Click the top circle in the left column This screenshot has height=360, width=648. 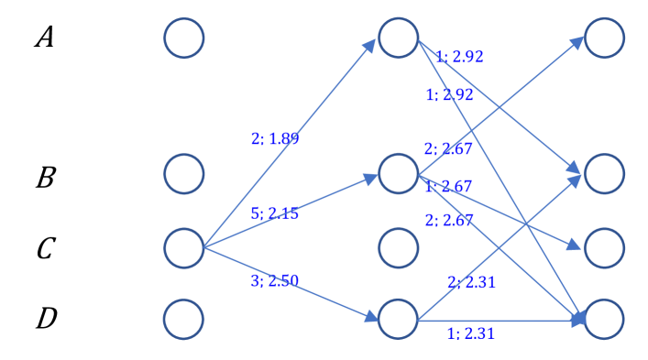(x=184, y=38)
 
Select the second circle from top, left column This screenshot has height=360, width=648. (x=184, y=173)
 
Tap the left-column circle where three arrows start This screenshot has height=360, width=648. (x=184, y=247)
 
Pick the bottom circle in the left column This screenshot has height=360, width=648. (x=184, y=318)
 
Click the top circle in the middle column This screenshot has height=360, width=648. (x=398, y=38)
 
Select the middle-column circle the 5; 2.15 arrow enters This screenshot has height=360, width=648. (x=398, y=173)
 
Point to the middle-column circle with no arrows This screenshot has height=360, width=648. (x=398, y=247)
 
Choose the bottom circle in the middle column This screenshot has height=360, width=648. (x=398, y=318)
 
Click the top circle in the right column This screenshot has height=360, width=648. (x=604, y=38)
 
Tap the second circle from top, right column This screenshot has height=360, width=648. (x=604, y=173)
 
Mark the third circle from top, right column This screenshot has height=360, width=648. (x=604, y=247)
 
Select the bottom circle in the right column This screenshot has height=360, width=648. (x=604, y=318)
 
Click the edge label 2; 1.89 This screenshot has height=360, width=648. (x=275, y=139)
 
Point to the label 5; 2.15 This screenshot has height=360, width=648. (x=274, y=213)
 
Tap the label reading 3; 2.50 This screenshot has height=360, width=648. (x=274, y=280)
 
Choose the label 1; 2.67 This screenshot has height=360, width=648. (x=448, y=187)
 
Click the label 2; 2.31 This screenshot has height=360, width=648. (x=471, y=282)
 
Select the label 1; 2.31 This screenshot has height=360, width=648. (x=470, y=333)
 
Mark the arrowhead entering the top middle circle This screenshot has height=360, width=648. (x=373, y=44)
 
